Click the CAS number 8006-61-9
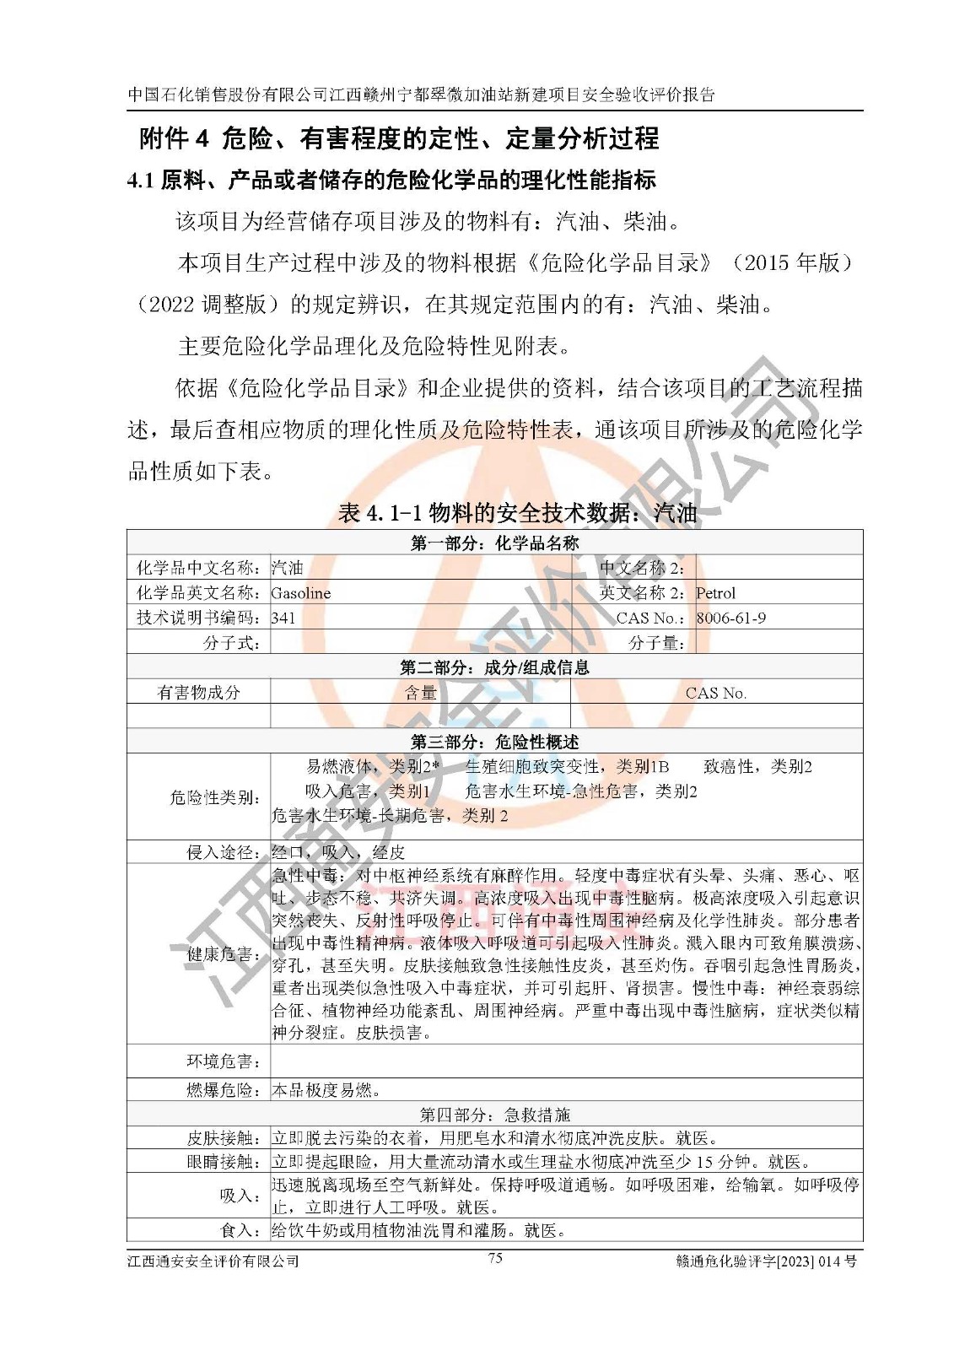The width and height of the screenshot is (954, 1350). [730, 618]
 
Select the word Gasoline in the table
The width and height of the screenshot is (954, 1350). [301, 593]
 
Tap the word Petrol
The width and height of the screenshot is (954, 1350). [715, 593]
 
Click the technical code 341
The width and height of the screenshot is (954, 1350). [283, 618]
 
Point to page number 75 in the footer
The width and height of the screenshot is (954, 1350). [495, 1258]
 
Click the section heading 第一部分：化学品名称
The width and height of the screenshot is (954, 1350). [494, 543]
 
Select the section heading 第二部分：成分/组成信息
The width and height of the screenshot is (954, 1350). [494, 667]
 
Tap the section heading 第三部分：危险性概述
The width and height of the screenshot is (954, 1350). [494, 742]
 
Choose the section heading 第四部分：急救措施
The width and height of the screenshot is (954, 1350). [494, 1115]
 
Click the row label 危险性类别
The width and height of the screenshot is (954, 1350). [214, 797]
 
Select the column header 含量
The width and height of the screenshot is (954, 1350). [420, 693]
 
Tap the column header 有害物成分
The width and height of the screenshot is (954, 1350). [199, 693]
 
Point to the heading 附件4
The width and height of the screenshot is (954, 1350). [174, 138]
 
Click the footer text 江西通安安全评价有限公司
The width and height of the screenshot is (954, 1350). [213, 1261]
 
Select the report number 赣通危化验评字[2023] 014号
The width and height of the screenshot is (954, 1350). [766, 1261]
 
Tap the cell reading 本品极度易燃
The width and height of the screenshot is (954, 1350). [326, 1090]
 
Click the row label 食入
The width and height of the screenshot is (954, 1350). [240, 1230]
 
